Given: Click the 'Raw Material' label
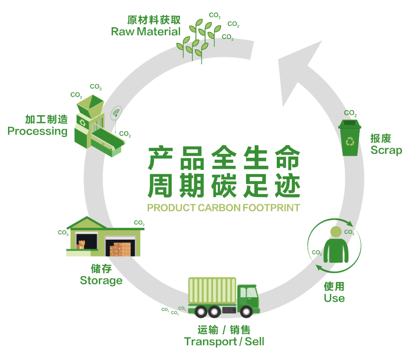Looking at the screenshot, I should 145,31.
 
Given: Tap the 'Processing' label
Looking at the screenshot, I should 38,131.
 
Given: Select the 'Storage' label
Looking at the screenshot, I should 101,280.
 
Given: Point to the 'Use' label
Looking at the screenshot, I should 334,298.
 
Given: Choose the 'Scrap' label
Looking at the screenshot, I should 386,150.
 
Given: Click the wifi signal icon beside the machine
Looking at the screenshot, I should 117,113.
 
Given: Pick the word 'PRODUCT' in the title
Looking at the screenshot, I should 171,208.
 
